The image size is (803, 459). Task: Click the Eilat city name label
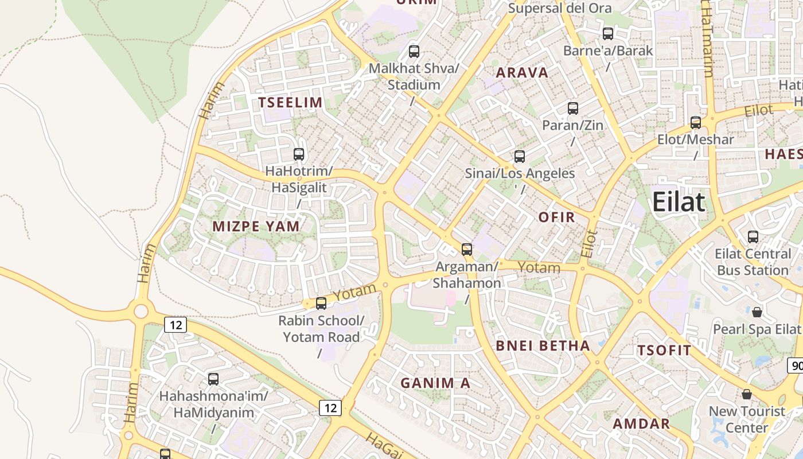(679, 202)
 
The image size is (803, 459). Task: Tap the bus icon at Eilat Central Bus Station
(753, 236)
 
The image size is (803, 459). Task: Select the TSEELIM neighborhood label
(290, 103)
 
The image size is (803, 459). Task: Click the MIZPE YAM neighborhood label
(256, 226)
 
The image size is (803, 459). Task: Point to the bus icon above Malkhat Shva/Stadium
(414, 52)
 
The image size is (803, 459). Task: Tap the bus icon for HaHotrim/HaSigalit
(299, 154)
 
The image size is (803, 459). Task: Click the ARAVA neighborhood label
(522, 73)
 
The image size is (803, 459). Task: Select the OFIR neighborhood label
(556, 217)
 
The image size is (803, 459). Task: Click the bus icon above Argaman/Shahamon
(467, 249)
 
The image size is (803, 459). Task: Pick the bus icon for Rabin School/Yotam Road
(321, 304)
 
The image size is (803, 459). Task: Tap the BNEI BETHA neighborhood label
(543, 345)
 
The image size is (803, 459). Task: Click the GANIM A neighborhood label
(435, 383)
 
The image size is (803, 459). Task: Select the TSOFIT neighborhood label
(664, 351)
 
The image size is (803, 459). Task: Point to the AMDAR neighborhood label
(641, 424)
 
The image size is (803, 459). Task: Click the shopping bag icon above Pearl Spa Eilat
(757, 312)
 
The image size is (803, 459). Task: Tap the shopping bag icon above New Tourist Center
(747, 394)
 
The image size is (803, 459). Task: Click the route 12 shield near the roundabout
(176, 325)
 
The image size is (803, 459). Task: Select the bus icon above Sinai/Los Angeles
(520, 156)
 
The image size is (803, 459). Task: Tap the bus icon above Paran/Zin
(572, 108)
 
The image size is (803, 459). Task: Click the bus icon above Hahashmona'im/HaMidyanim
(213, 379)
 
